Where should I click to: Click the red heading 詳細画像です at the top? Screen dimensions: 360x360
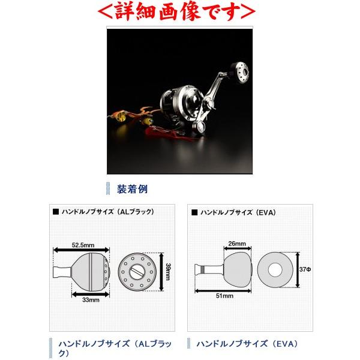click(x=179, y=11)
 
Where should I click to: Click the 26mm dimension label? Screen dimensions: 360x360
click(x=237, y=244)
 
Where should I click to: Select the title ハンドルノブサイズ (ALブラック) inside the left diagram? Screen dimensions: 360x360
click(x=107, y=212)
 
